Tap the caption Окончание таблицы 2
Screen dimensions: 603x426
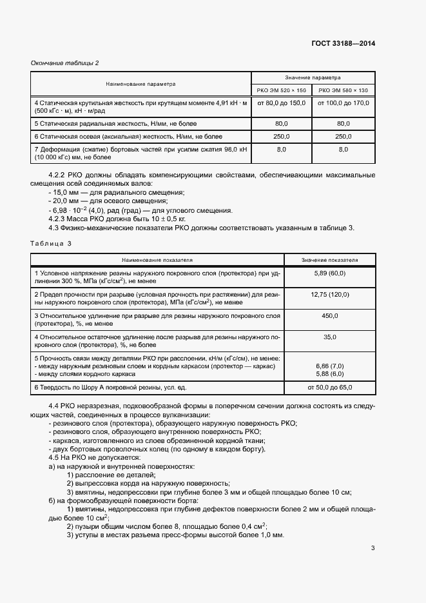point(65,63)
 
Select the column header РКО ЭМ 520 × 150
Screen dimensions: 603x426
point(281,90)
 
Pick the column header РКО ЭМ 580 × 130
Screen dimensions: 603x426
point(343,90)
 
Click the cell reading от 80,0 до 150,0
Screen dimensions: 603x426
point(281,103)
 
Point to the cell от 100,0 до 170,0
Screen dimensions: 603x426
point(343,103)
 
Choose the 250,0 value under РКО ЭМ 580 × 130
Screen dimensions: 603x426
point(343,137)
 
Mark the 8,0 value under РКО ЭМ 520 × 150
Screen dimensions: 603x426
point(281,149)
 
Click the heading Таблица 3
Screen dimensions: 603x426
point(51,243)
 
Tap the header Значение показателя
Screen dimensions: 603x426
point(331,260)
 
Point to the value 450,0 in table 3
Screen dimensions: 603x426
point(330,315)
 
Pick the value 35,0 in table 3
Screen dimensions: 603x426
point(330,337)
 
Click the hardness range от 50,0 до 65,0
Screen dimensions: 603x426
point(330,387)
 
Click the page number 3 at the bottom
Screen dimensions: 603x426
point(373,548)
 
